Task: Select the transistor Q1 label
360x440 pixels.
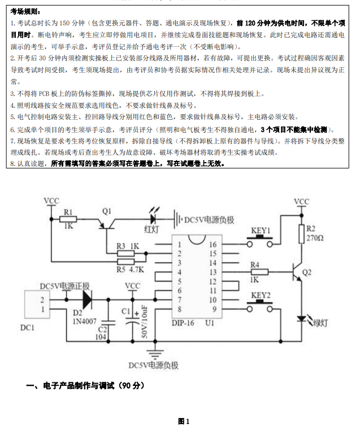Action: (x=107, y=211)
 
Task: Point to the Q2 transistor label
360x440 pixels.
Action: (x=307, y=272)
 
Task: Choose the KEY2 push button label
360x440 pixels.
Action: (x=261, y=295)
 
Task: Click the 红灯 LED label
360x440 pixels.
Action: (x=153, y=229)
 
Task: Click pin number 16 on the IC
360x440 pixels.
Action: (x=212, y=245)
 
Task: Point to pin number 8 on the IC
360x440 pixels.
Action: (x=179, y=309)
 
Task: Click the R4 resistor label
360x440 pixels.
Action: (x=255, y=264)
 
